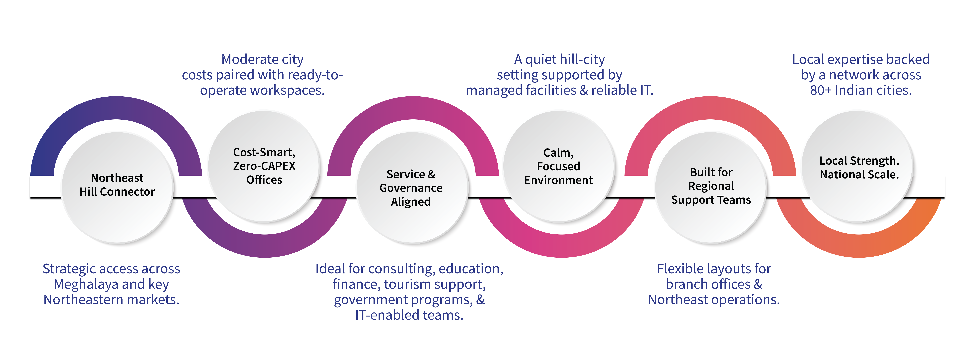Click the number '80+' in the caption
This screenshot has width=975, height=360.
click(821, 90)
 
